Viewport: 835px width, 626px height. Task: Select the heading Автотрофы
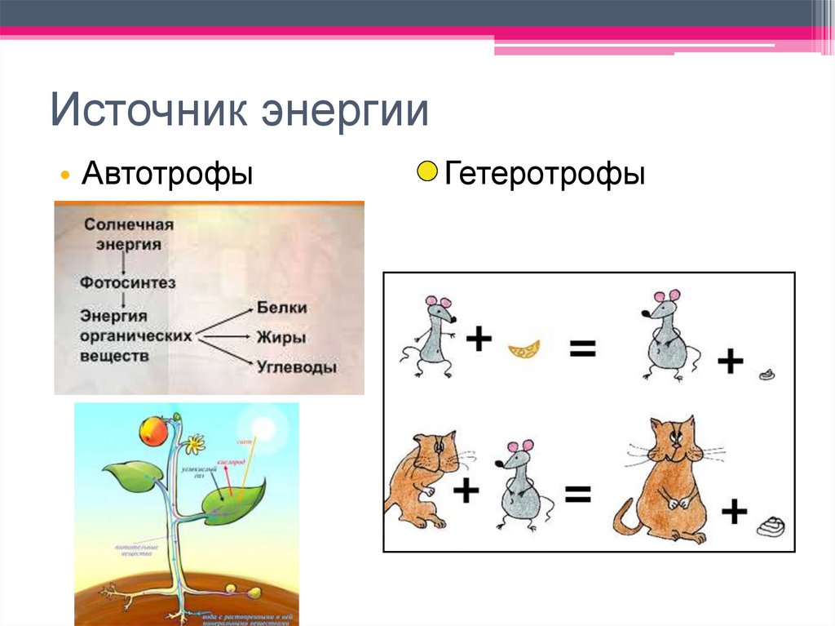click(166, 174)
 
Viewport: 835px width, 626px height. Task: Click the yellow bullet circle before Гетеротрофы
click(427, 173)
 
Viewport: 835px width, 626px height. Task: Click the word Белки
click(281, 309)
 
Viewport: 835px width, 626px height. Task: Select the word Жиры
click(281, 337)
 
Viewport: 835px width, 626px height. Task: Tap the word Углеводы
click(296, 367)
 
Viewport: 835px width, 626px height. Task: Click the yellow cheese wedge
click(524, 350)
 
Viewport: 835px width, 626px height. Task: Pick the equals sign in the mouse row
click(582, 350)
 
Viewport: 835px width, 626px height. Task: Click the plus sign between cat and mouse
click(465, 491)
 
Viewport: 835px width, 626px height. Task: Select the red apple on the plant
click(153, 431)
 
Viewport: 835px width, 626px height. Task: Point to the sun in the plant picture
click(265, 429)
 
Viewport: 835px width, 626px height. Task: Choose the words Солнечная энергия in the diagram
click(130, 233)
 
